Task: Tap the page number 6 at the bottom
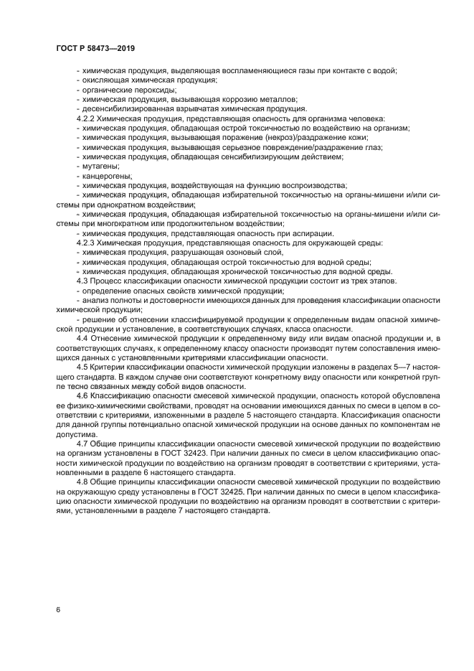pyautogui.click(x=57, y=610)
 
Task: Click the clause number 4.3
pyautogui.click(x=82, y=281)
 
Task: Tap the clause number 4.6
pyautogui.click(x=82, y=395)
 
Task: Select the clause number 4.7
pyautogui.click(x=82, y=442)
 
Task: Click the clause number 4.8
pyautogui.click(x=82, y=481)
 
